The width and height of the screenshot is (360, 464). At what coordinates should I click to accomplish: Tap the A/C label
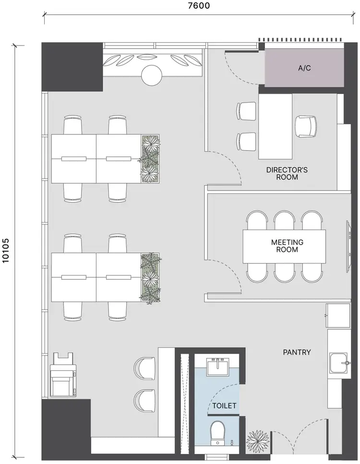[x=304, y=68]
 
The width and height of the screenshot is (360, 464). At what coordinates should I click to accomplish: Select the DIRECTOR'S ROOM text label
[x=287, y=173]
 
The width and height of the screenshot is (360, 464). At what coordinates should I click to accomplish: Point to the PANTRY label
[x=297, y=352]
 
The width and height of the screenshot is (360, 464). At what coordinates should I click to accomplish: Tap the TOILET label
[x=225, y=406]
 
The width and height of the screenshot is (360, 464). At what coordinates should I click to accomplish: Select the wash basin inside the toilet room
[x=219, y=368]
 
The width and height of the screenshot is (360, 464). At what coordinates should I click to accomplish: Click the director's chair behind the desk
[x=306, y=126]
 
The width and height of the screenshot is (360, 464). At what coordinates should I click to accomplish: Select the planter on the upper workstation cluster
[x=150, y=159]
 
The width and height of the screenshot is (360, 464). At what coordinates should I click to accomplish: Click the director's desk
[x=276, y=126]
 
